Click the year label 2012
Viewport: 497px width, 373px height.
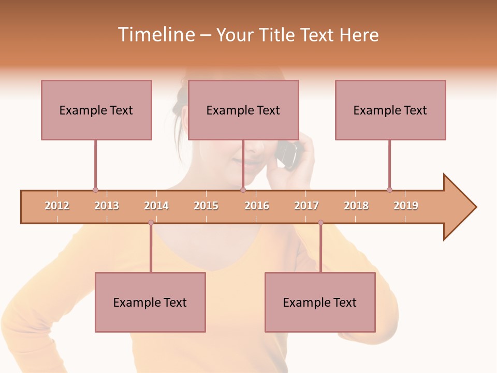[57, 206]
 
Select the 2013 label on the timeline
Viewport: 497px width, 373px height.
[107, 206]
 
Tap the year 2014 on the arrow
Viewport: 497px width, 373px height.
[156, 206]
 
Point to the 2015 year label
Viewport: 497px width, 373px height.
[206, 206]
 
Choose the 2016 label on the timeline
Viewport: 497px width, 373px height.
[257, 206]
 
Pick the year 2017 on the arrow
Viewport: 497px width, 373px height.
[306, 206]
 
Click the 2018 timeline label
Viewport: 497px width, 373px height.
[356, 206]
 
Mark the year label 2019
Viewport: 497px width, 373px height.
[406, 206]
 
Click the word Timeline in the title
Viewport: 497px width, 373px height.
[155, 35]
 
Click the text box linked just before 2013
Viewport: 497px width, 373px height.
[96, 110]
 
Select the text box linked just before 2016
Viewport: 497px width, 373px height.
[243, 110]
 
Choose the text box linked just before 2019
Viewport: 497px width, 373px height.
[390, 110]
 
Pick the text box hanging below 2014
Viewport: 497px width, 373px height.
[150, 302]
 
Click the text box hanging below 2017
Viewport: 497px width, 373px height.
[320, 302]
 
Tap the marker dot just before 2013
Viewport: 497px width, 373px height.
[95, 190]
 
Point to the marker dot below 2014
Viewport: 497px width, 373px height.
[151, 222]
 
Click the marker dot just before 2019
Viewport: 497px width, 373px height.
[389, 190]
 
